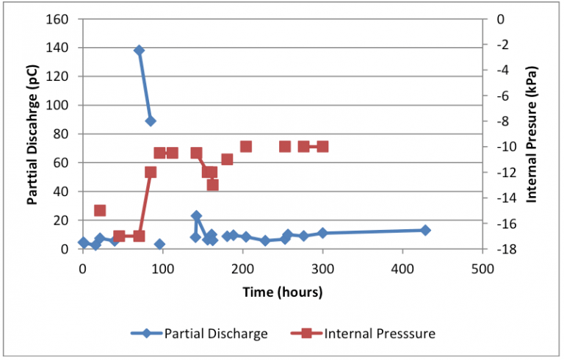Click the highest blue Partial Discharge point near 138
[x=139, y=50]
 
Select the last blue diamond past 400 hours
[x=425, y=230]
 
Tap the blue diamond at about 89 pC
[x=151, y=121]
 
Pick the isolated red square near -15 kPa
[x=100, y=211]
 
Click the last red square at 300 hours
[x=322, y=146]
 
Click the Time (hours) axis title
[x=283, y=292]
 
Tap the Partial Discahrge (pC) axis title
[x=33, y=134]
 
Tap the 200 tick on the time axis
[x=242, y=269]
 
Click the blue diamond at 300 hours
[x=322, y=233]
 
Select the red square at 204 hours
[x=246, y=146]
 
